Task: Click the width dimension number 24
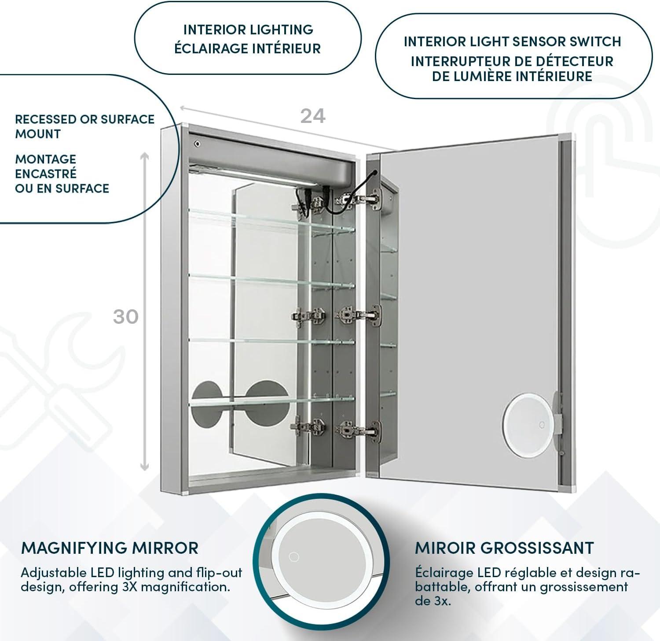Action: point(313,116)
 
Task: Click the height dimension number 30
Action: point(126,317)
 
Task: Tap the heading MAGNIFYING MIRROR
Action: point(110,548)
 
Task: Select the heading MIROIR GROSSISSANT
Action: point(504,548)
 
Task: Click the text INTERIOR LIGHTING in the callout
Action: point(248,30)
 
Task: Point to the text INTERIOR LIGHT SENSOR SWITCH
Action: point(512,41)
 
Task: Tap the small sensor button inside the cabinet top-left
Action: point(197,144)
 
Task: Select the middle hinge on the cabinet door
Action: point(359,315)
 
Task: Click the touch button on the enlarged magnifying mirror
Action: point(293,557)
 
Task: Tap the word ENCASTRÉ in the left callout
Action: point(46,174)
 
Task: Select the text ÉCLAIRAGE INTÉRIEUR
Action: point(248,48)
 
